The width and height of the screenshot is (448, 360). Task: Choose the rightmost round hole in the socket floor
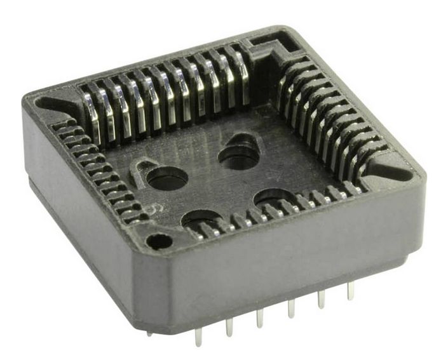(x=273, y=198)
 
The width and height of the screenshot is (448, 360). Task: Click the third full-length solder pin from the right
(x=291, y=308)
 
